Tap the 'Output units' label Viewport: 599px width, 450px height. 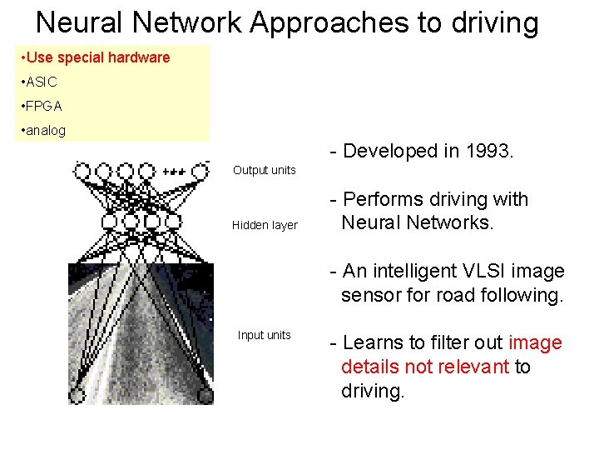point(264,170)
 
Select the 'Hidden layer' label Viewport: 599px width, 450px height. point(264,225)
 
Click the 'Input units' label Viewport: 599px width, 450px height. point(264,335)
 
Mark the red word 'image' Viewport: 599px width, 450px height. point(535,342)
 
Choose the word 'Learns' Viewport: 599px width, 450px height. point(370,342)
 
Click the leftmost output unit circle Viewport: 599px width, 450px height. point(82,172)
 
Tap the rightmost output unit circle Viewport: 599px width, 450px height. point(200,172)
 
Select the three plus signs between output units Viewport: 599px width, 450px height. point(173,172)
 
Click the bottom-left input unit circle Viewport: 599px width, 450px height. point(77,395)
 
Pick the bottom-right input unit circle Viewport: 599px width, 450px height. point(204,394)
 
